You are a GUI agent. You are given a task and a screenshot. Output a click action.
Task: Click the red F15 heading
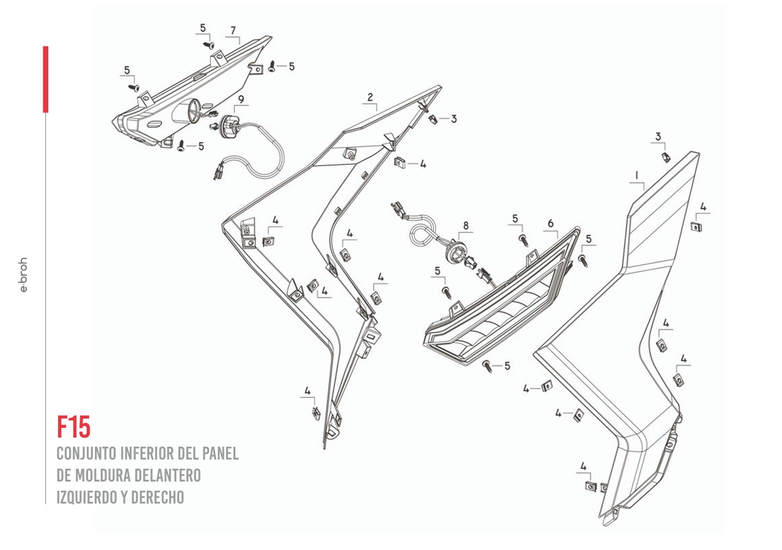(x=73, y=427)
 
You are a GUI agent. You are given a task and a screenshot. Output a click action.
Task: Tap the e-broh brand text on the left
(x=23, y=274)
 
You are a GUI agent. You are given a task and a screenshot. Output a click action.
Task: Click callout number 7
(x=233, y=30)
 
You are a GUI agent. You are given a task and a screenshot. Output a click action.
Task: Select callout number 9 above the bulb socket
(x=241, y=99)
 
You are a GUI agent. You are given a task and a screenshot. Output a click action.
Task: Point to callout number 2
(x=370, y=97)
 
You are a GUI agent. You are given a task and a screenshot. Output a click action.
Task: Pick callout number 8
(x=466, y=226)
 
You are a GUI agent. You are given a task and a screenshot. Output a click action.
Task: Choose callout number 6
(x=550, y=224)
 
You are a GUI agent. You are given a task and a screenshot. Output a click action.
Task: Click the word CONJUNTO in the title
(x=86, y=453)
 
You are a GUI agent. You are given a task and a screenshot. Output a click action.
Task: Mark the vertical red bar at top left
(x=45, y=79)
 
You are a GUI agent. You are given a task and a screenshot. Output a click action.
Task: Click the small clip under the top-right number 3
(x=666, y=157)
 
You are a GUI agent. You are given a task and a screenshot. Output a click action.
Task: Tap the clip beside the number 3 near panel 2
(x=433, y=119)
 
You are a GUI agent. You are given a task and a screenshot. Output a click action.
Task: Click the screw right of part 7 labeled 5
(x=272, y=67)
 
